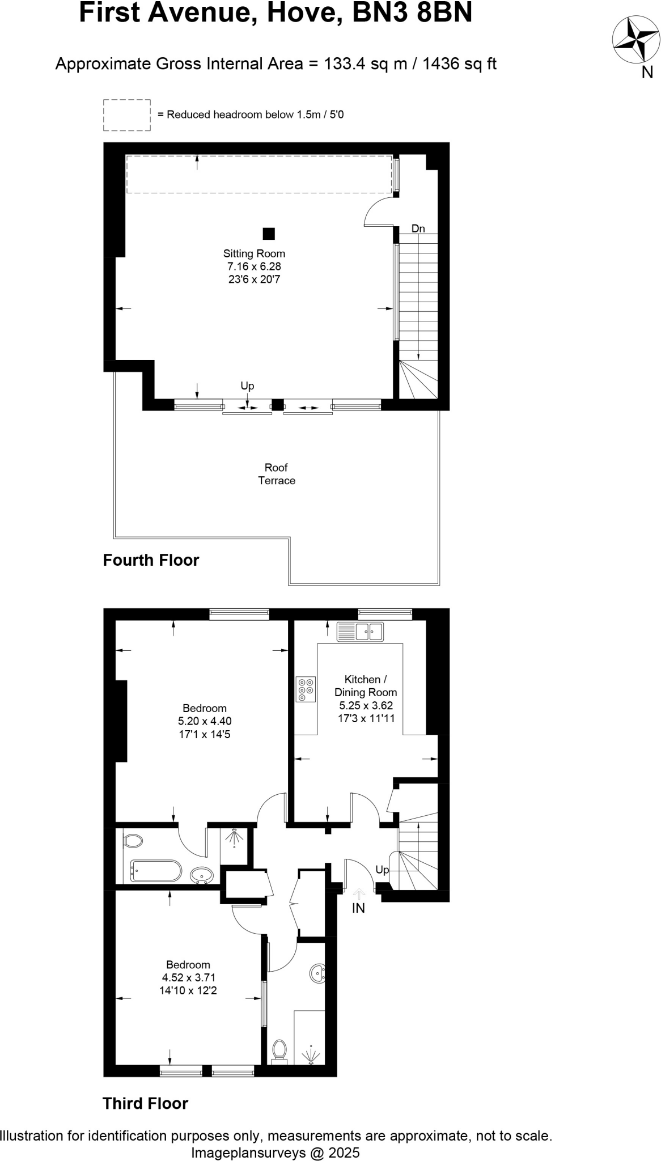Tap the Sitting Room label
coord(254,253)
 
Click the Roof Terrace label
coord(277,474)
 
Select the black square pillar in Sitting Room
coord(269,234)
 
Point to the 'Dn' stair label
coord(418,229)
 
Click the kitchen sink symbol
coord(360,632)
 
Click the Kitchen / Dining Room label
coord(366,685)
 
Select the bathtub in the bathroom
coord(156,871)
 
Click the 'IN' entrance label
coord(358,908)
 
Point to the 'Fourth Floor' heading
coord(151,560)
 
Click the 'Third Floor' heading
coord(145,1103)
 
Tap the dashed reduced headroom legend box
coord(127,115)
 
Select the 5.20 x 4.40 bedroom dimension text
coord(205,721)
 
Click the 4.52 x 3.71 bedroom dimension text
coord(188,977)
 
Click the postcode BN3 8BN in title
coord(412,12)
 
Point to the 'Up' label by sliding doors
coord(247,385)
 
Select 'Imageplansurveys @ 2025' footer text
coord(276,1152)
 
